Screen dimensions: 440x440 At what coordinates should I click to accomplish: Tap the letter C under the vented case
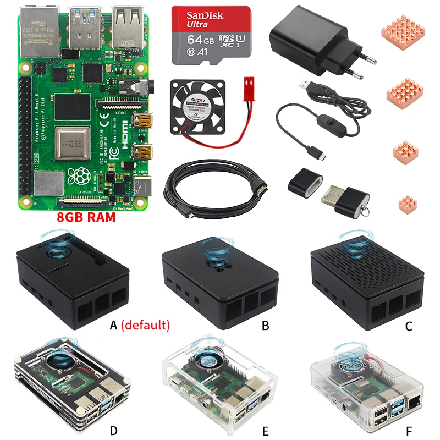pyautogui.click(x=409, y=326)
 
